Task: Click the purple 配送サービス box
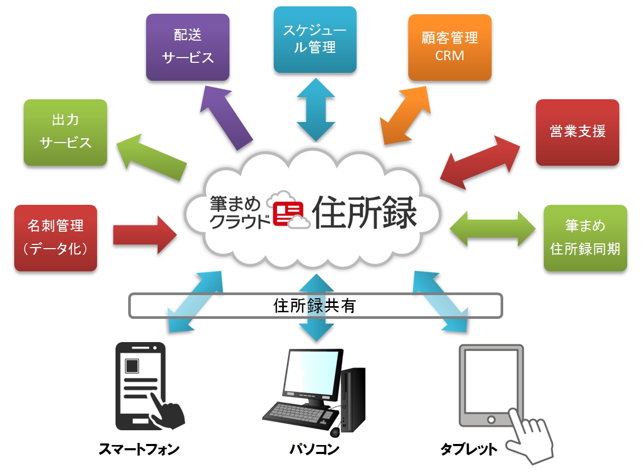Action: (187, 47)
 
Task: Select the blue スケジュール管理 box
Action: (315, 40)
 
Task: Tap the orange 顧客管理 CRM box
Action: (449, 47)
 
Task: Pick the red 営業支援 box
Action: (577, 132)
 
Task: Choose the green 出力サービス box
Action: (65, 132)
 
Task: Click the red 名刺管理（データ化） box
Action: (55, 238)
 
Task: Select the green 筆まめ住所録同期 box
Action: (585, 238)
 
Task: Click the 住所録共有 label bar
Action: (315, 306)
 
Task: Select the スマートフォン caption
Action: (139, 450)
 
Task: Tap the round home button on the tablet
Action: (491, 420)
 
